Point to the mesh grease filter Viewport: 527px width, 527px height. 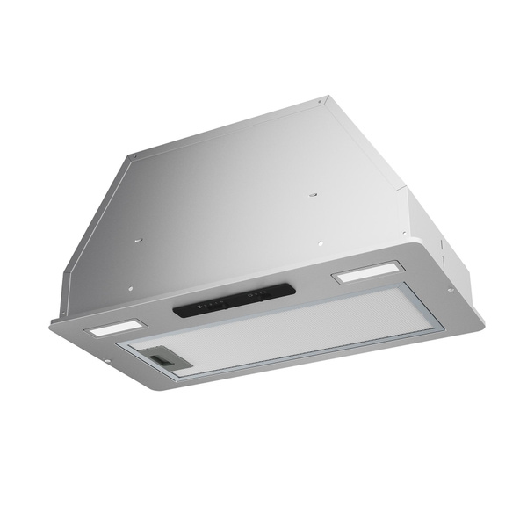click(x=290, y=329)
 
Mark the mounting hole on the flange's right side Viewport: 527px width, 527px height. click(x=449, y=290)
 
